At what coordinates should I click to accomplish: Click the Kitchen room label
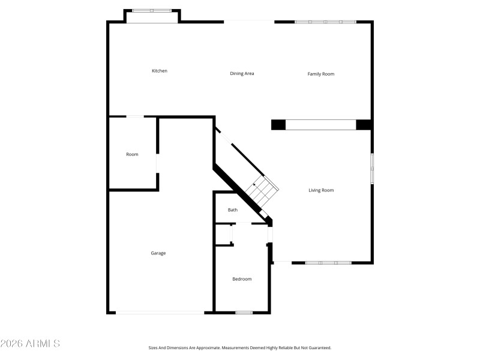pyautogui.click(x=159, y=71)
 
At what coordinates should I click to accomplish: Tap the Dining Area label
pyautogui.click(x=242, y=74)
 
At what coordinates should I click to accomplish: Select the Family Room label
pyautogui.click(x=321, y=74)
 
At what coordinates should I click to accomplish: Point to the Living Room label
pyautogui.click(x=321, y=190)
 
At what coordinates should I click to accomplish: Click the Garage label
pyautogui.click(x=158, y=253)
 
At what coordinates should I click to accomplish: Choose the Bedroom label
pyautogui.click(x=242, y=279)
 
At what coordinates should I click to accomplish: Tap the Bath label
pyautogui.click(x=233, y=210)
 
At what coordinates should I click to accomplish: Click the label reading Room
pyautogui.click(x=132, y=154)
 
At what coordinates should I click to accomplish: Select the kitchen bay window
pyautogui.click(x=151, y=10)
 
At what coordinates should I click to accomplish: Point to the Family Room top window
pyautogui.click(x=325, y=22)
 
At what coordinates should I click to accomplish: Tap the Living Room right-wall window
pyautogui.click(x=372, y=168)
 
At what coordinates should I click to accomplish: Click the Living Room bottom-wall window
pyautogui.click(x=328, y=263)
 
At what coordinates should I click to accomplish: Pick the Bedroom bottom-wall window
pyautogui.click(x=244, y=313)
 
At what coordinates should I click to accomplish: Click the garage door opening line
pyautogui.click(x=160, y=312)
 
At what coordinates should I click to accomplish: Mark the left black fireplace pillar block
pyautogui.click(x=278, y=125)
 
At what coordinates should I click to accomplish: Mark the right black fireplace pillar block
pyautogui.click(x=364, y=125)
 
